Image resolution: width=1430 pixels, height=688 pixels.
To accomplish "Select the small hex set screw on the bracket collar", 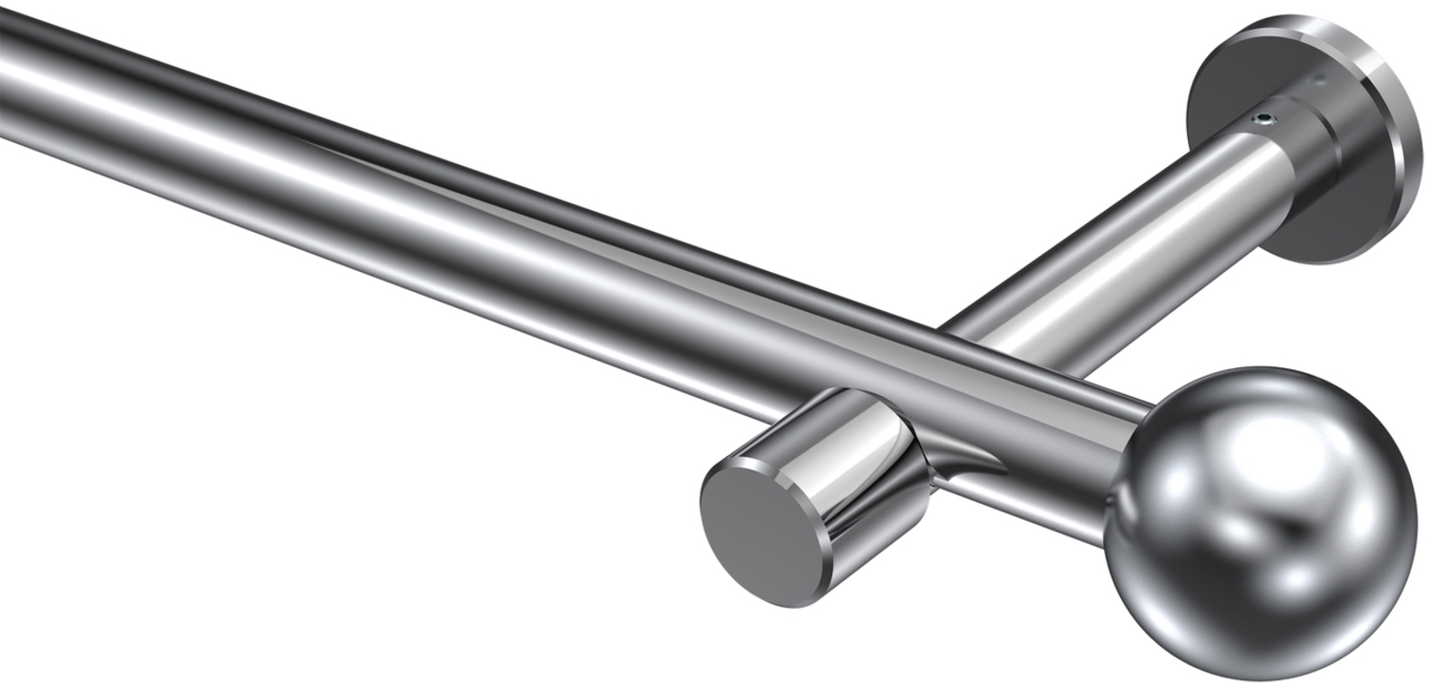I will click(1264, 120).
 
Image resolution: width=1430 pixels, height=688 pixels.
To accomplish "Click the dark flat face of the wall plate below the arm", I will click(1325, 219).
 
